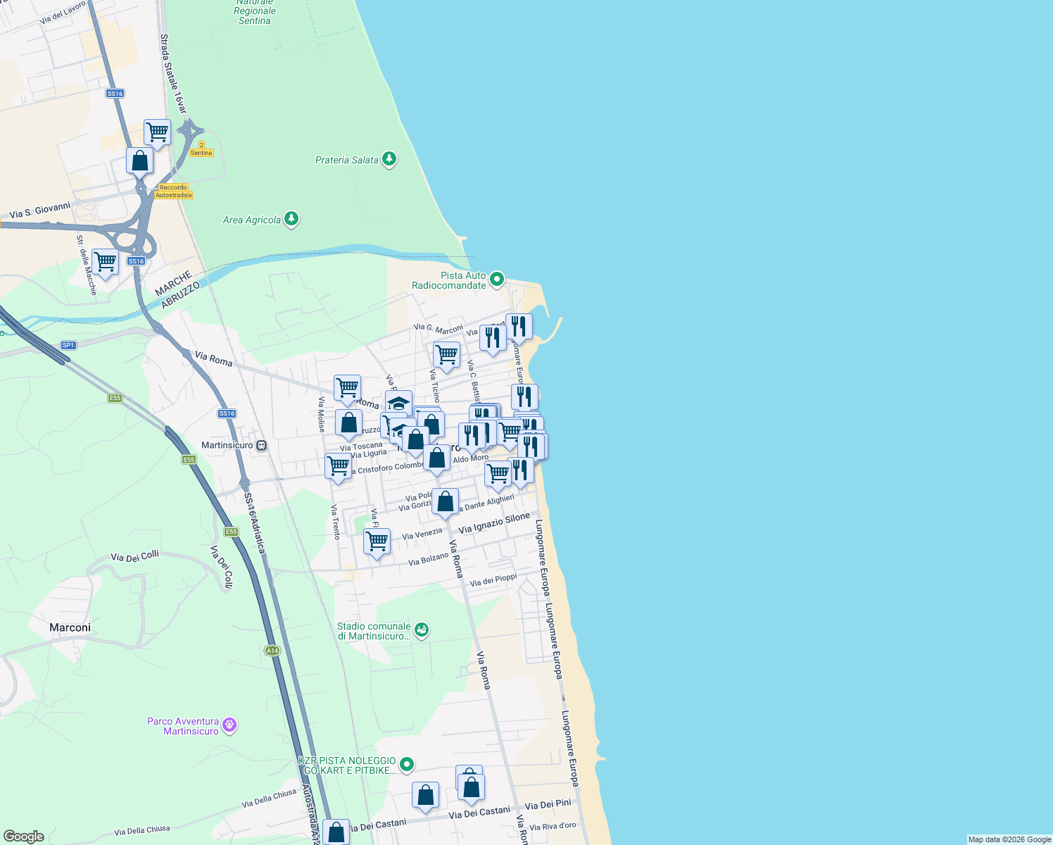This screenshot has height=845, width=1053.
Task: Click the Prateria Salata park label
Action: click(346, 161)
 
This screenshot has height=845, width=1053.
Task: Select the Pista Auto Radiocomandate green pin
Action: click(497, 280)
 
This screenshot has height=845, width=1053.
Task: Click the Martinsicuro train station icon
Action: click(262, 445)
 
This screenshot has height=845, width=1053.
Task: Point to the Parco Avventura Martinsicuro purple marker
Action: click(229, 725)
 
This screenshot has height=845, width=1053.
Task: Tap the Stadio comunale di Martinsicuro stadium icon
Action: click(421, 630)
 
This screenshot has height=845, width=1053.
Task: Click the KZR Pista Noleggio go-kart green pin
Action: click(407, 764)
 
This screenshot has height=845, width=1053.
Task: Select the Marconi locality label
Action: click(70, 627)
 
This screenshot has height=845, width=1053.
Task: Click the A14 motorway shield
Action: click(272, 651)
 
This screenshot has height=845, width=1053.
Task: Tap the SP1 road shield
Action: click(68, 345)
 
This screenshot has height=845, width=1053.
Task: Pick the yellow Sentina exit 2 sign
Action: click(201, 149)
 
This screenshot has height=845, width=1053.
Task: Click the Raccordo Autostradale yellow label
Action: click(173, 192)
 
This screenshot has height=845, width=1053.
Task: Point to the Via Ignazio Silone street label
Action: click(493, 523)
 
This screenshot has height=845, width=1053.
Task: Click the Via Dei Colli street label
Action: click(134, 557)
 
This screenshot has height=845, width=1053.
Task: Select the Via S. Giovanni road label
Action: click(40, 210)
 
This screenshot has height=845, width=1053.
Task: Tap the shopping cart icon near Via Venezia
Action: click(377, 541)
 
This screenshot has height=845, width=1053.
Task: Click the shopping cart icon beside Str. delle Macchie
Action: click(106, 261)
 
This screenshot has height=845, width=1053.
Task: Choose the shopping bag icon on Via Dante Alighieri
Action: click(445, 501)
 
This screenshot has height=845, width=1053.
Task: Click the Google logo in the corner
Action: click(23, 837)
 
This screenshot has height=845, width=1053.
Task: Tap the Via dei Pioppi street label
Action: click(493, 580)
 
